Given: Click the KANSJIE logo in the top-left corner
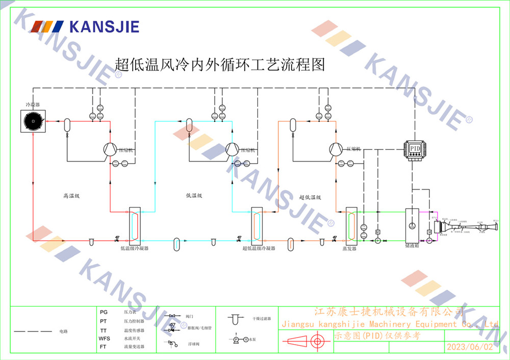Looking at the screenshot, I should pyautogui.click(x=85, y=26).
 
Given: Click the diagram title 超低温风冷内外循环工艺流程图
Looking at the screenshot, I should pyautogui.click(x=220, y=65).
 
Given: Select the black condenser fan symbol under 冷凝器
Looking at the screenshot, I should pyautogui.click(x=33, y=121).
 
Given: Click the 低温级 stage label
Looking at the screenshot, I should pyautogui.click(x=194, y=195).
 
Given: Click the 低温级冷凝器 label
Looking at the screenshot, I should pyautogui.click(x=134, y=248).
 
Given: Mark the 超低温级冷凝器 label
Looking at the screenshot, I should pyautogui.click(x=259, y=248).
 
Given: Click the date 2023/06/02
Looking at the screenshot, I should pyautogui.click(x=470, y=347).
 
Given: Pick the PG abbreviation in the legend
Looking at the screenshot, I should pyautogui.click(x=104, y=312).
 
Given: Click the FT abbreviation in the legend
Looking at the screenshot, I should pyautogui.click(x=104, y=347).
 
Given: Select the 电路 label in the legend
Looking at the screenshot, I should pyautogui.click(x=63, y=331).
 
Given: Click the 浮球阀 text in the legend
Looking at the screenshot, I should pyautogui.click(x=192, y=345).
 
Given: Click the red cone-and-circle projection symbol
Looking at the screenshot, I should pyautogui.click(x=305, y=341).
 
